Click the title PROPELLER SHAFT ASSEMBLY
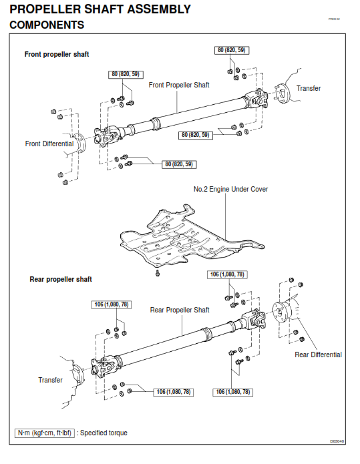point(100,9)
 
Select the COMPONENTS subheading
point(47,25)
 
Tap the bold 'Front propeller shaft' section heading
point(57,54)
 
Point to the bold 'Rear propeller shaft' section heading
point(61,279)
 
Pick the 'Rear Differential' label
point(318,355)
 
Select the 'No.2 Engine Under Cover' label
point(230,189)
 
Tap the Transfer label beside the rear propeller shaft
point(50,380)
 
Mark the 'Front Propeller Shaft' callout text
point(178,85)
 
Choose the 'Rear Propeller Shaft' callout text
point(180,310)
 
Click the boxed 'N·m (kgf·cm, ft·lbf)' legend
point(44,433)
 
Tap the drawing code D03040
point(337,441)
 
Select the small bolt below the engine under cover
point(157,273)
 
